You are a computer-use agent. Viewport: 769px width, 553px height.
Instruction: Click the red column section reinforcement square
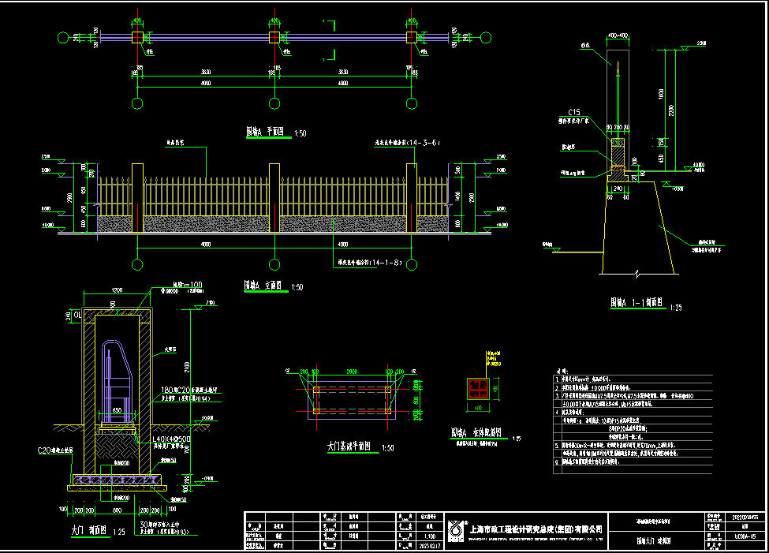pyautogui.click(x=477, y=387)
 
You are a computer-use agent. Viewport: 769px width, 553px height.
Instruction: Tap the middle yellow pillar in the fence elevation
pyautogui.click(x=274, y=197)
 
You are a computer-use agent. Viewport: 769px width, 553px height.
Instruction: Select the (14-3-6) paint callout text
pyautogui.click(x=407, y=143)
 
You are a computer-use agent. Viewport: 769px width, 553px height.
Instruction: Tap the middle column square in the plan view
pyautogui.click(x=274, y=37)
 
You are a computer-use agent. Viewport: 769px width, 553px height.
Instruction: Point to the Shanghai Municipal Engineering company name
pyautogui.click(x=536, y=529)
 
